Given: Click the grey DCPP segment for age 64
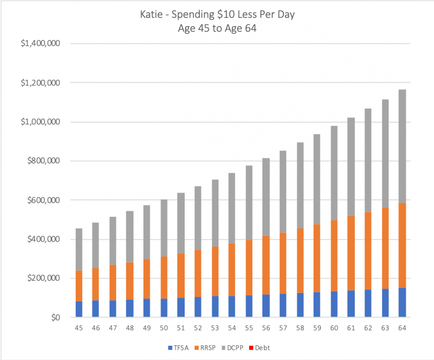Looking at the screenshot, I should point(402,146).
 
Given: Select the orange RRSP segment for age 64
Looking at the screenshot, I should point(402,245).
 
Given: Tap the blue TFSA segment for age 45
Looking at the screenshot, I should point(79,309).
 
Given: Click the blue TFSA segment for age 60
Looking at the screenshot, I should point(334,304).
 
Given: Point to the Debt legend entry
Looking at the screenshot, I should point(262,348).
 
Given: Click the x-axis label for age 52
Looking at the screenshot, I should point(198,328).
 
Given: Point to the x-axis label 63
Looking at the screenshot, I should point(385,328).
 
